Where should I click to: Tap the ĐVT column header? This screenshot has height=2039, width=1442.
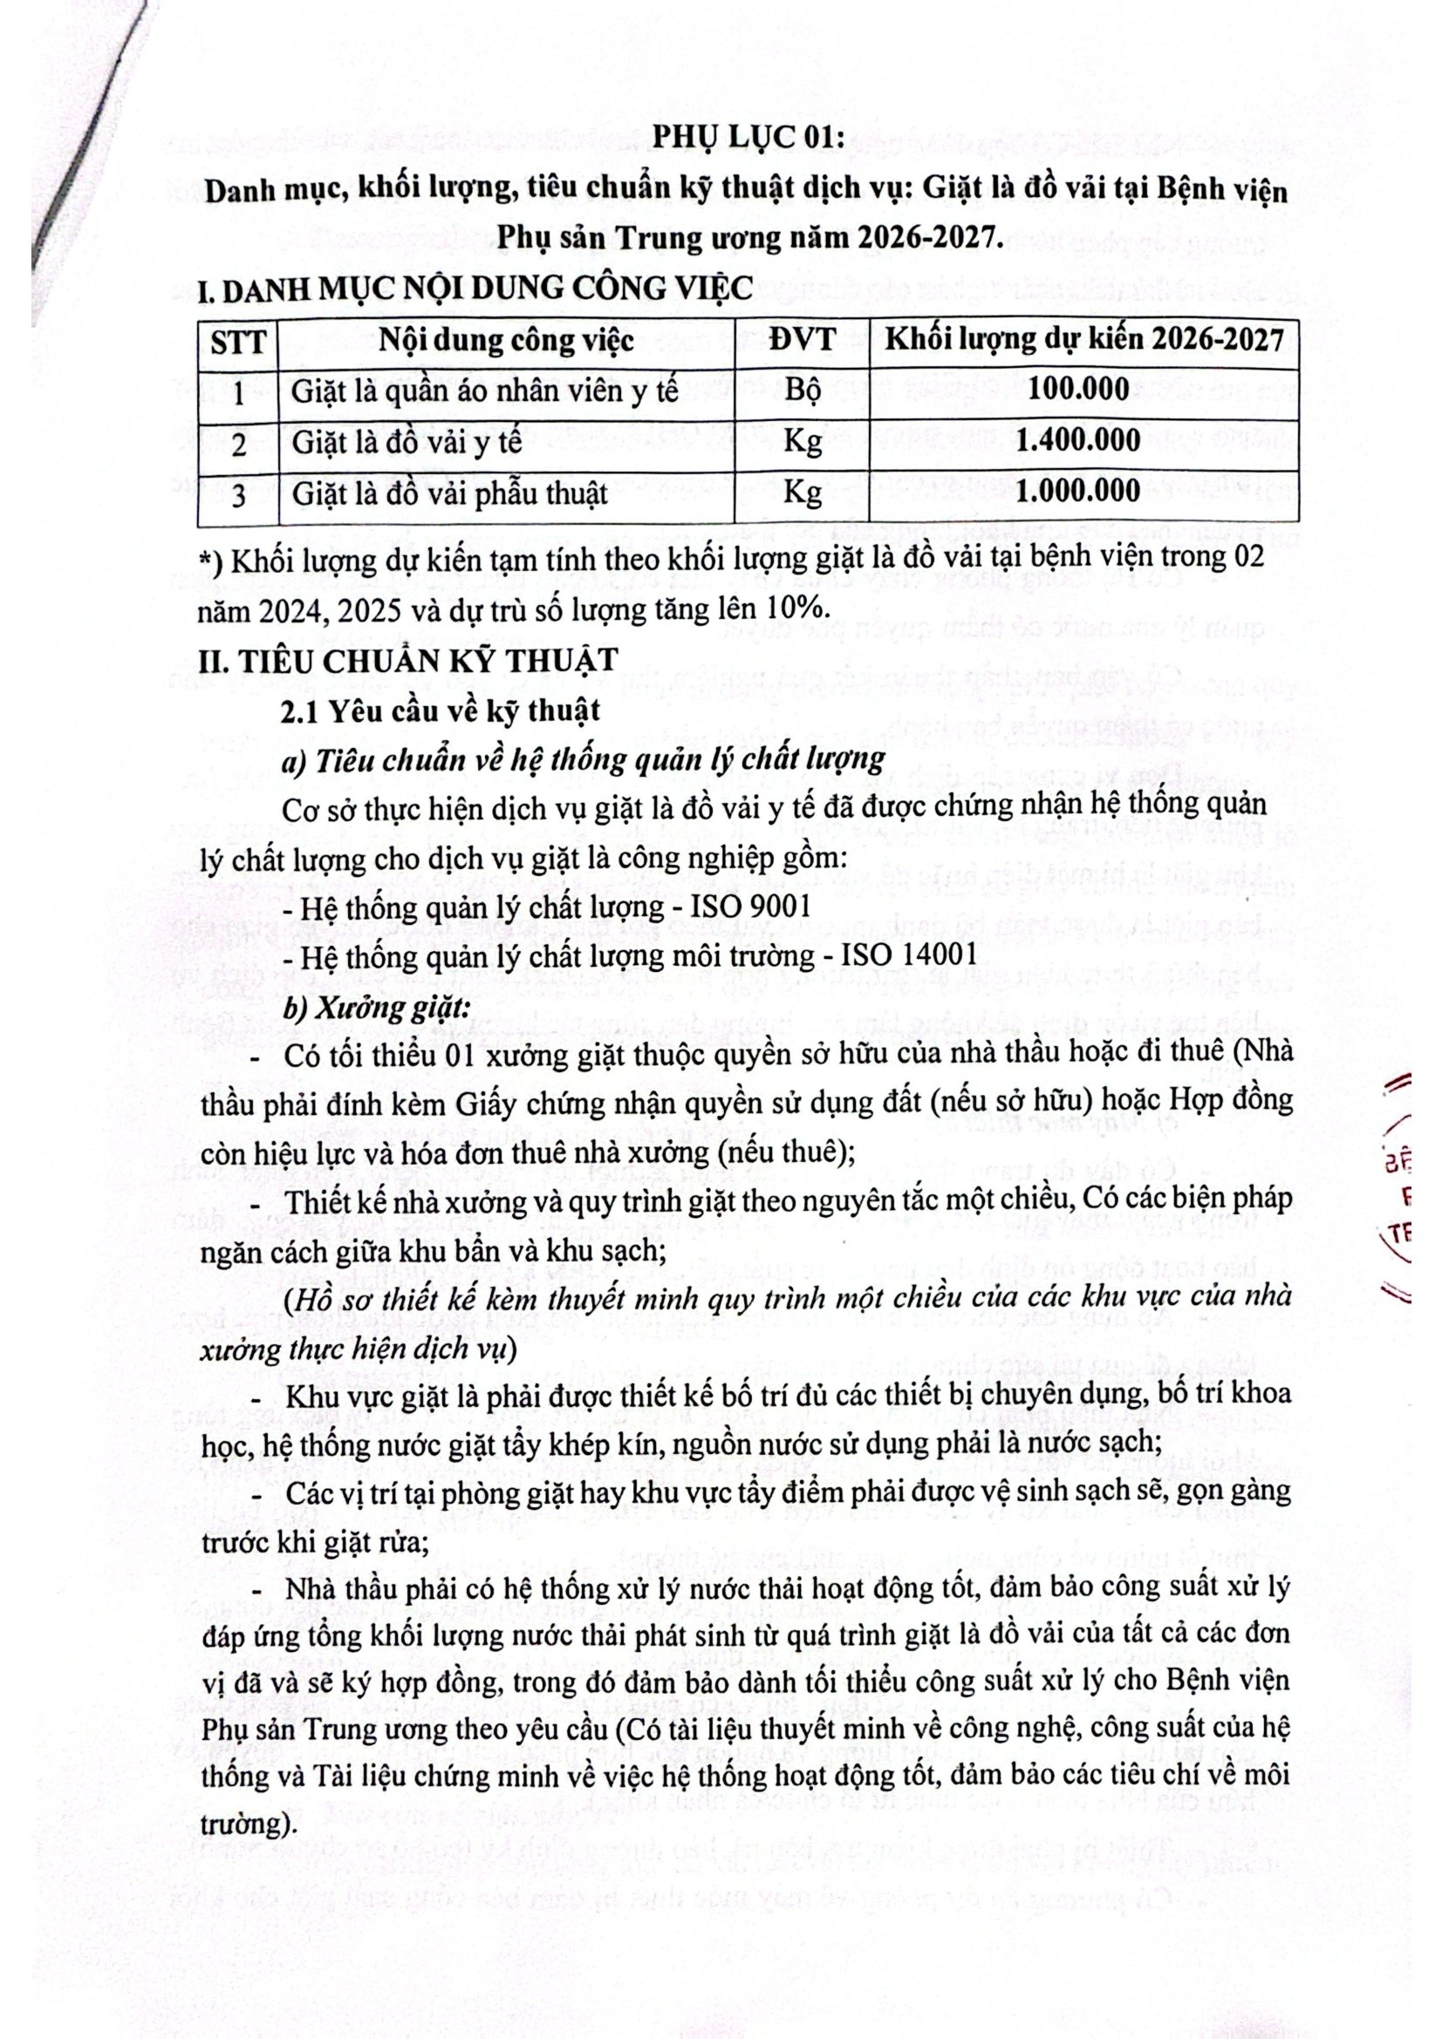802,341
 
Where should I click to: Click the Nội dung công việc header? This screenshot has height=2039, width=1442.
507,341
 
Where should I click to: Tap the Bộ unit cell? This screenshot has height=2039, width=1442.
802,391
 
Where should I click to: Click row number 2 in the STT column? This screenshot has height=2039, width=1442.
237,442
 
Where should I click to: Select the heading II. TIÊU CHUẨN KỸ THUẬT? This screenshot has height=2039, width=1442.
410,661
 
